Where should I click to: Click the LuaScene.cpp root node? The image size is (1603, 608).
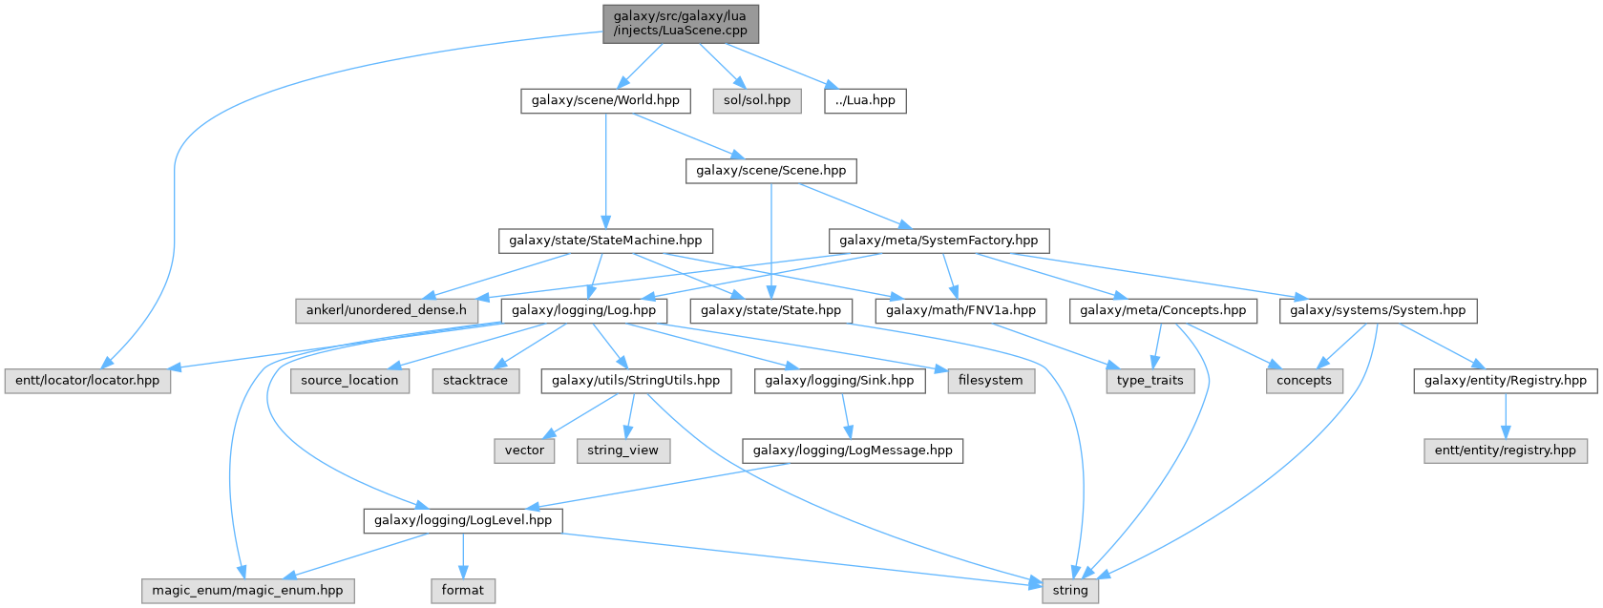680,23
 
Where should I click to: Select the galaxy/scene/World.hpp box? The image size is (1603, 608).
605,100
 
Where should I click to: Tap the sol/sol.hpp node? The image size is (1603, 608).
757,100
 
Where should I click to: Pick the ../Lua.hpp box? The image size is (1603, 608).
865,100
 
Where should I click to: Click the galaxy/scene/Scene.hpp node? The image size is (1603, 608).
770,171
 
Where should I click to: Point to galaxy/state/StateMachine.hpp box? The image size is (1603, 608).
605,241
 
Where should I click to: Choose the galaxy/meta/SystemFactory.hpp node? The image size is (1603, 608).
939,241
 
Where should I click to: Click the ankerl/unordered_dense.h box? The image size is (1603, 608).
386,310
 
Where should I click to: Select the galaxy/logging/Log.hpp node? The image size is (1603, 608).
583,310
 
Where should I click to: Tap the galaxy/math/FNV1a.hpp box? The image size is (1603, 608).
960,310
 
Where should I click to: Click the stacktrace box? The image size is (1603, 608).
475,380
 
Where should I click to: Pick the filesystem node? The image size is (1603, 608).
990,380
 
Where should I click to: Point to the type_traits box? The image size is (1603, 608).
1150,380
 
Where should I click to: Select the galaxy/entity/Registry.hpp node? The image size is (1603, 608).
1505,380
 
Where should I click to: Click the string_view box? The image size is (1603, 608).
622,451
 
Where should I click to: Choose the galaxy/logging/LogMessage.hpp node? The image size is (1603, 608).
853,451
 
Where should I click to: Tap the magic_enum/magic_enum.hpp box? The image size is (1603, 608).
247,591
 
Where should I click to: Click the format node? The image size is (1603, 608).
463,591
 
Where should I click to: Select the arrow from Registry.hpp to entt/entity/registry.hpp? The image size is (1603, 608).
1505,415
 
